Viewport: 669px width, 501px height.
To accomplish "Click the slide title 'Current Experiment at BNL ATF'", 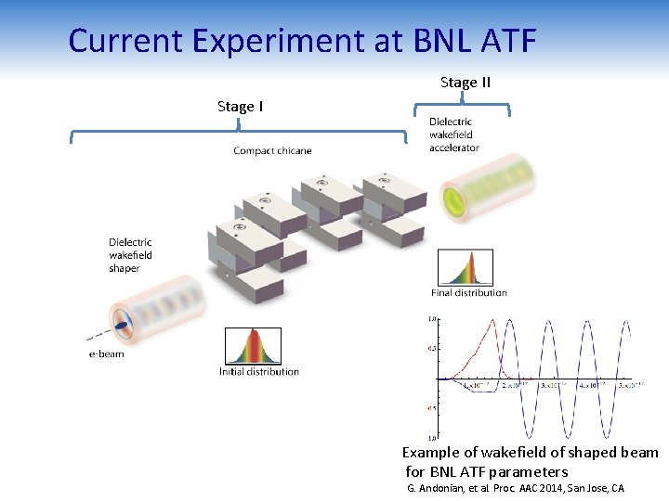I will [302, 41].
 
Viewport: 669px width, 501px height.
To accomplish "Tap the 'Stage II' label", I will [465, 83].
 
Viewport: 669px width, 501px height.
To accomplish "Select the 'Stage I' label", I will [240, 107].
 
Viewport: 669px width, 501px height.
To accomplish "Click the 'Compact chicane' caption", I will [272, 151].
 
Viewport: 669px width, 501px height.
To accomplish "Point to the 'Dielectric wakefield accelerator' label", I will [453, 135].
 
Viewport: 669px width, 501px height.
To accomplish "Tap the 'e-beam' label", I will [106, 353].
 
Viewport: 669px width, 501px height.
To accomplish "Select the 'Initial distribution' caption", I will [259, 372].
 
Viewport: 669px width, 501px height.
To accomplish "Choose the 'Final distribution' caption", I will [469, 293].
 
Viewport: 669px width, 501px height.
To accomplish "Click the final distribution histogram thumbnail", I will [466, 268].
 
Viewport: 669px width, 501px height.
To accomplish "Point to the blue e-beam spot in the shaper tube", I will [121, 324].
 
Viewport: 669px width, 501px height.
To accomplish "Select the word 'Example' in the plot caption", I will [430, 453].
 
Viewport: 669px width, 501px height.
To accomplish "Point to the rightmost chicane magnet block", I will [395, 199].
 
